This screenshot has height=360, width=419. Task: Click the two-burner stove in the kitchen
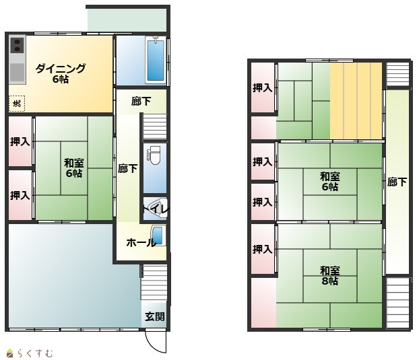coord(17,45)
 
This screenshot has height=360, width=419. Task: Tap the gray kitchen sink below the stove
coord(17,73)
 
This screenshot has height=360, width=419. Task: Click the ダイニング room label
coord(61,69)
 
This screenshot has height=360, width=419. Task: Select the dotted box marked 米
coord(17,103)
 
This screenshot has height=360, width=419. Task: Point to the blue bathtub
coord(156,59)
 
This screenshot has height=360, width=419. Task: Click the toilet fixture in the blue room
coord(154,156)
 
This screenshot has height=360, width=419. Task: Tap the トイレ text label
coord(156,209)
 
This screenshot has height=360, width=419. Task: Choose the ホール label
coord(141,243)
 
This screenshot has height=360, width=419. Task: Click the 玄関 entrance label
coord(155,316)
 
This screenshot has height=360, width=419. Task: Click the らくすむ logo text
coord(35,353)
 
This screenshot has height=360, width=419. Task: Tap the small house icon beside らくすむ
coord(10,353)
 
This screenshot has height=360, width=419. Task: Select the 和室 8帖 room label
coord(330,276)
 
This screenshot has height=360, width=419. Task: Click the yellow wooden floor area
coord(356,101)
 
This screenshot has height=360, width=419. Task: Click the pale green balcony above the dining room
coord(127,21)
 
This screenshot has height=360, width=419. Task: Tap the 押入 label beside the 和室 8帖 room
coord(263,249)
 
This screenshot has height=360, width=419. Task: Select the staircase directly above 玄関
coord(154,283)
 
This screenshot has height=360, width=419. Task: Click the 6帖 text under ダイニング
coord(61,79)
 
